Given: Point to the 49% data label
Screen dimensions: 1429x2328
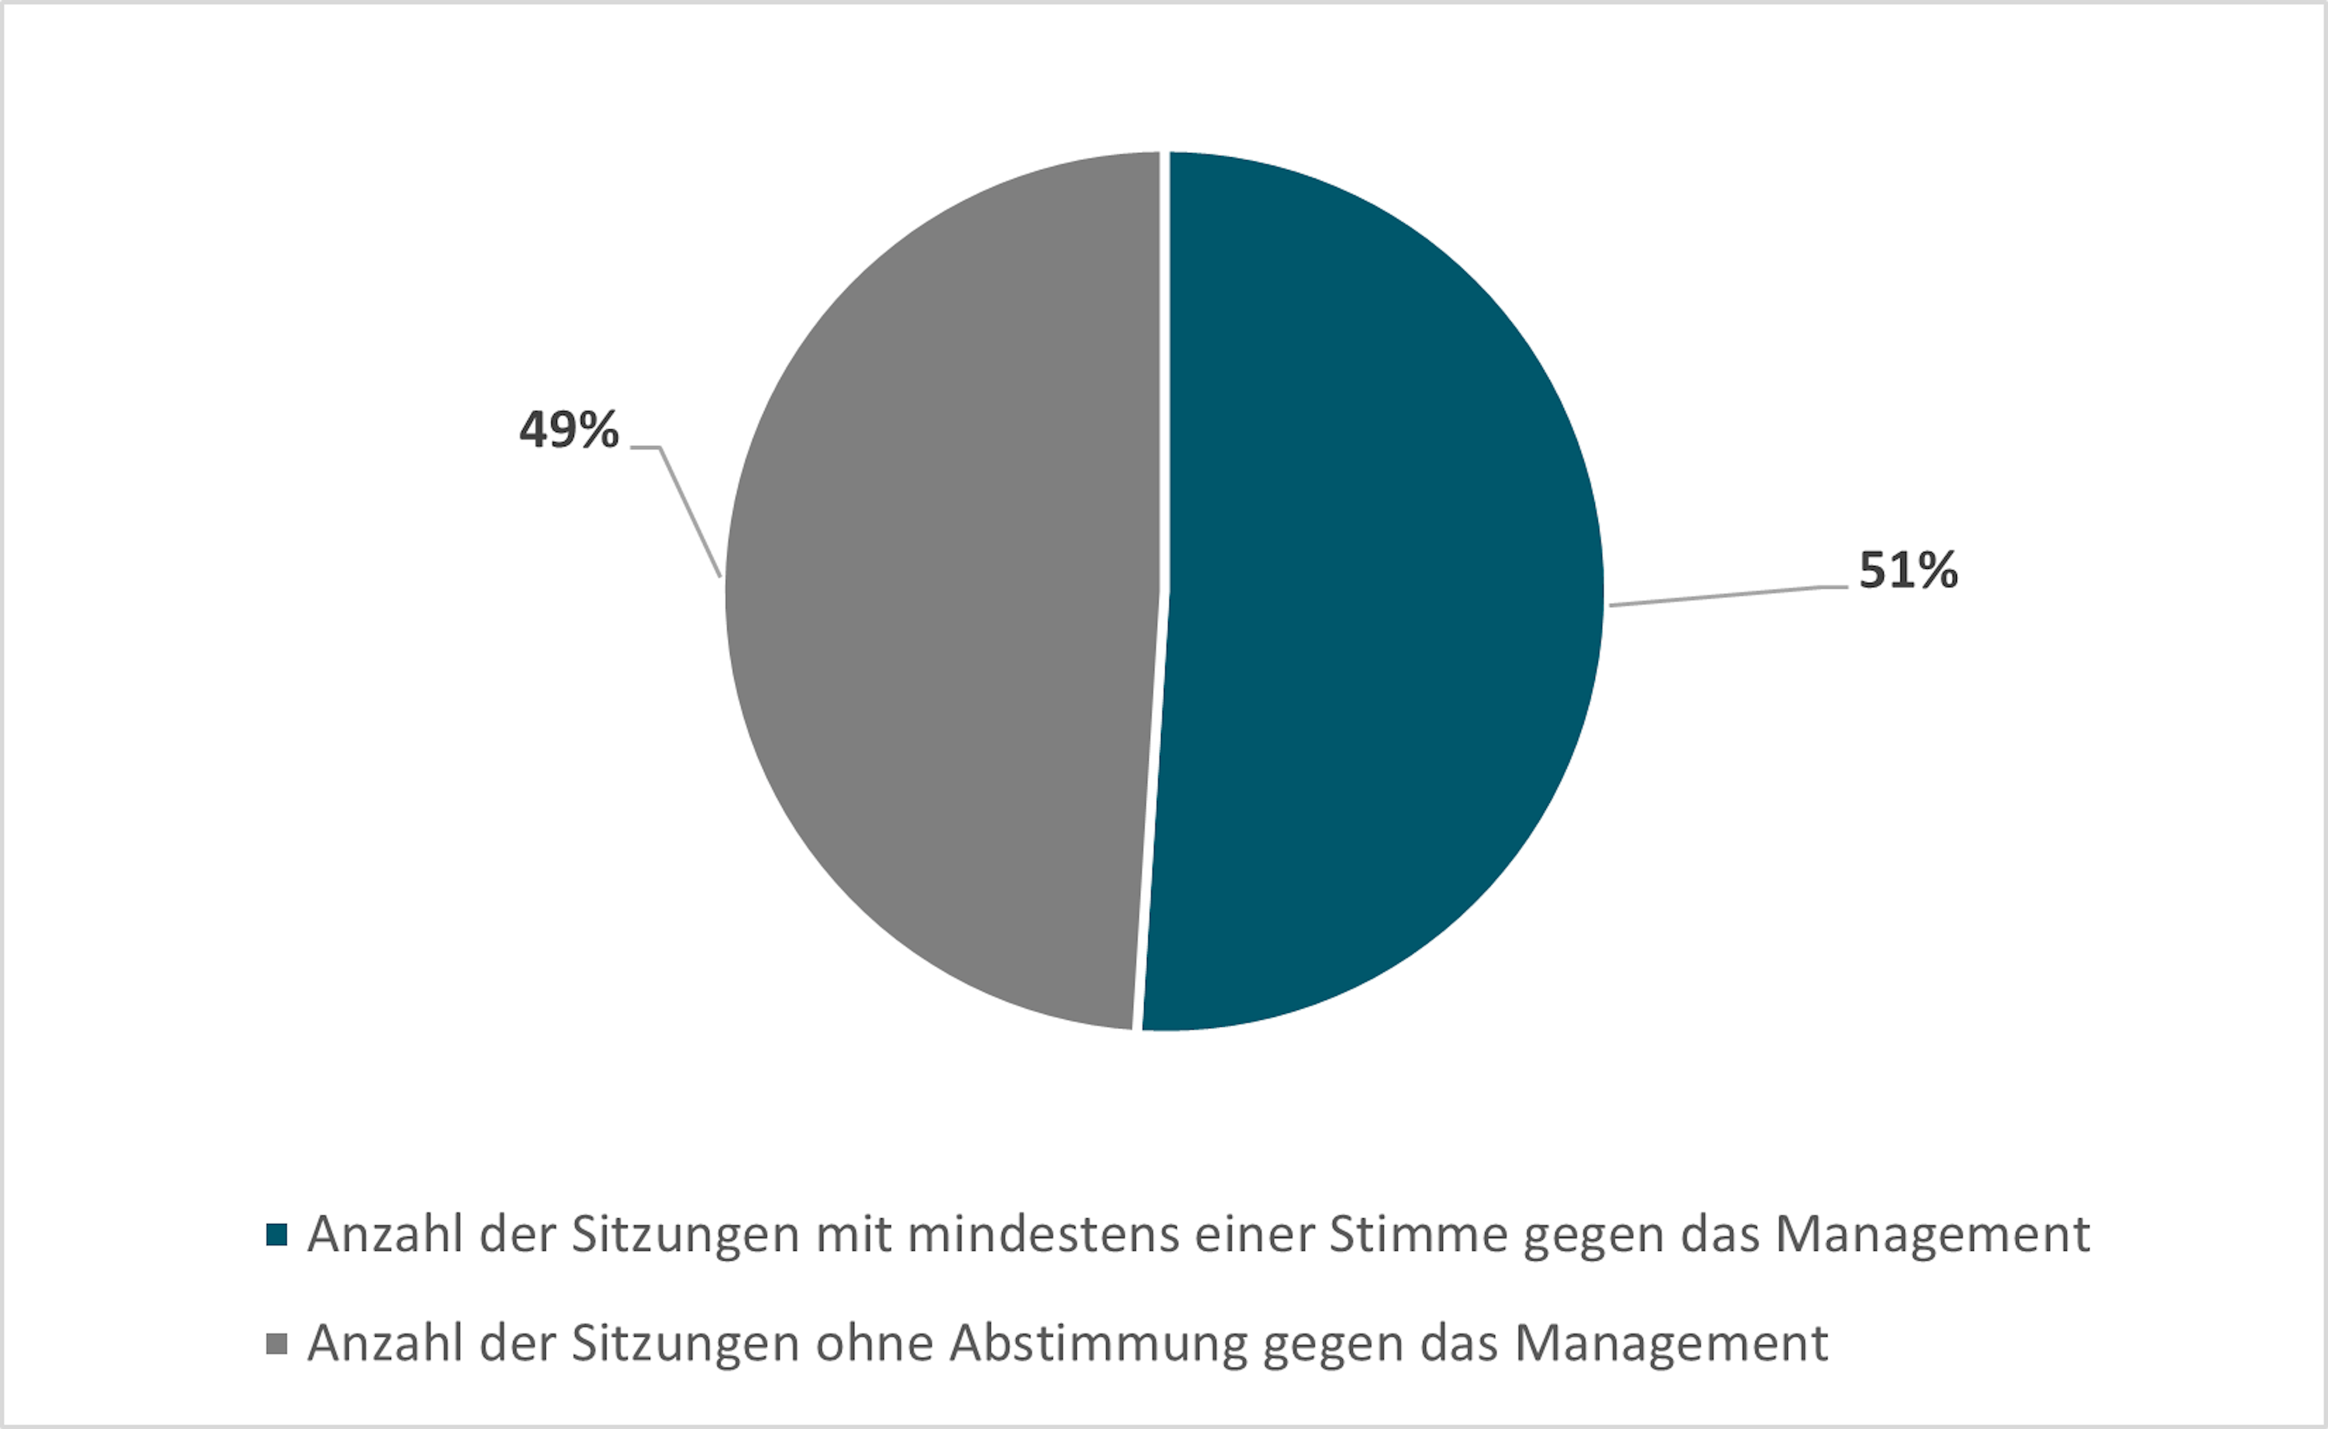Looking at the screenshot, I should (569, 430).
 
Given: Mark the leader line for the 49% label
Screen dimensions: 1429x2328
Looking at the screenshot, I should (690, 510).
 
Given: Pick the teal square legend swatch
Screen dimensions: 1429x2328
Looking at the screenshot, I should (277, 1234).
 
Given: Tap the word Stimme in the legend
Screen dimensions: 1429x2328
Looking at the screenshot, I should (1417, 1234).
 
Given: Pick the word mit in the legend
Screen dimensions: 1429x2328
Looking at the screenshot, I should (853, 1234).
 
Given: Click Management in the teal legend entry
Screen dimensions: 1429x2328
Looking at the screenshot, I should (1932, 1234).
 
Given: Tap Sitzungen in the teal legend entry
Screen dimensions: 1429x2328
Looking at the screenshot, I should (686, 1234).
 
